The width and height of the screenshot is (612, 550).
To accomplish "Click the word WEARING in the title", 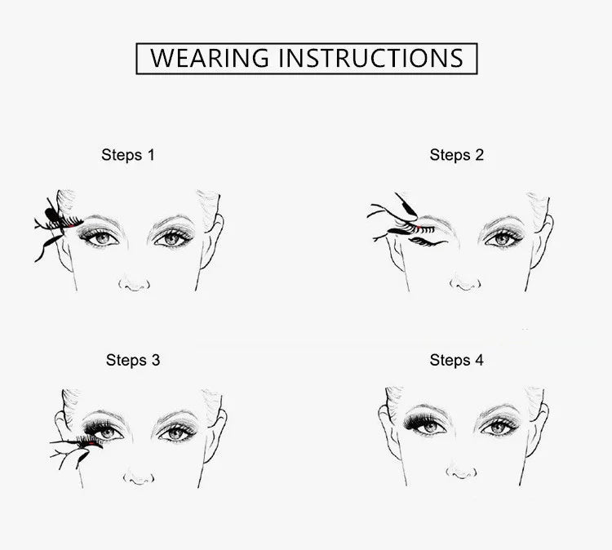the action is coord(210,58).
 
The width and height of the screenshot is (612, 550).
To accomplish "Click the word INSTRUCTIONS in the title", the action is coord(370,58).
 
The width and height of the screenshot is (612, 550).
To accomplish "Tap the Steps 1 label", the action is coord(128,155).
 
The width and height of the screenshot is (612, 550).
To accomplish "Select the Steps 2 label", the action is coord(457,155).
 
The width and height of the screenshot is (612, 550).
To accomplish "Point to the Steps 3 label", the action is coord(133,360).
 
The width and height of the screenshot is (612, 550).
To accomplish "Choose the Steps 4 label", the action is coord(457,360).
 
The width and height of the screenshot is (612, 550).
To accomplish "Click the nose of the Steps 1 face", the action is coord(135,283).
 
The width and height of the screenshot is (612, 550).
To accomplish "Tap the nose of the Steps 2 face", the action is coord(465,282).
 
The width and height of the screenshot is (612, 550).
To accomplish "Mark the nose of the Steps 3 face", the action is coord(139,477).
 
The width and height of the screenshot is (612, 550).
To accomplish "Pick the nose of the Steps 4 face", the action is coord(461,472).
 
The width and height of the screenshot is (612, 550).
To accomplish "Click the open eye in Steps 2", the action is coord(503,238).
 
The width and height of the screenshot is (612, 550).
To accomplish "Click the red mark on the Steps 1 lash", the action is coord(71,225).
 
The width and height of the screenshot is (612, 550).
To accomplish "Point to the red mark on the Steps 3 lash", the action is coord(91,443).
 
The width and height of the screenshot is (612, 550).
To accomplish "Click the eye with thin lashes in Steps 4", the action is coord(499,428).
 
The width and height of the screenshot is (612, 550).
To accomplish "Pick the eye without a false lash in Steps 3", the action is coord(176,432).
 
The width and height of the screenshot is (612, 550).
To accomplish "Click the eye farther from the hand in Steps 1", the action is coord(172,237).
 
